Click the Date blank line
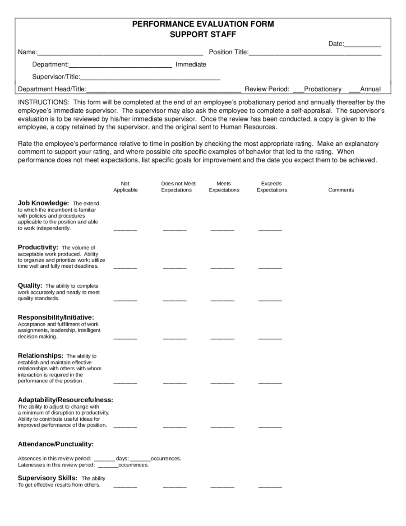(x=363, y=45)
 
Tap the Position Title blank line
(x=315, y=53)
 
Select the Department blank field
(x=120, y=65)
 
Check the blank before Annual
(x=354, y=89)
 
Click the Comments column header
(x=341, y=190)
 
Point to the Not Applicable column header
(x=125, y=187)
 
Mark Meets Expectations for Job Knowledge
(x=222, y=229)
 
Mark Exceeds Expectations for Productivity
(x=270, y=267)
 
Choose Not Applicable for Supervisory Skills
(x=125, y=486)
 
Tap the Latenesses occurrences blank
(x=108, y=465)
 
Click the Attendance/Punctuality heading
(x=56, y=444)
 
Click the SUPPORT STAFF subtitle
(x=203, y=34)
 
